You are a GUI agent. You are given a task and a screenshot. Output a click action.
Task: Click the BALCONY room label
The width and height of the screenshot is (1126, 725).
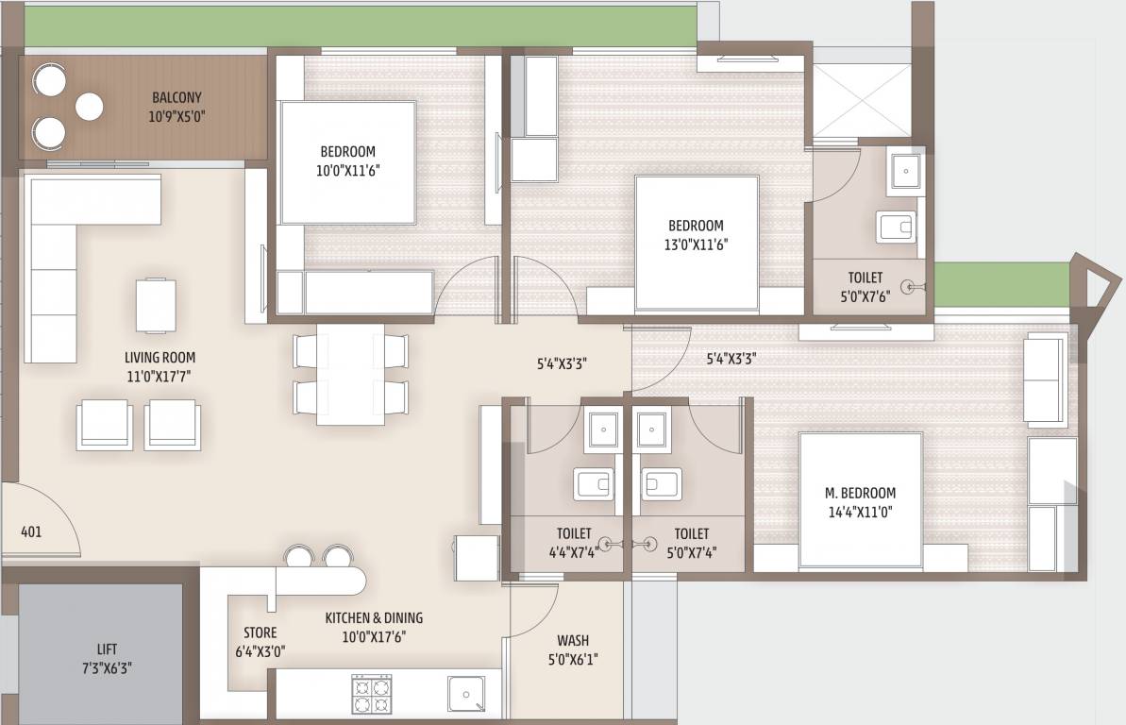click(176, 98)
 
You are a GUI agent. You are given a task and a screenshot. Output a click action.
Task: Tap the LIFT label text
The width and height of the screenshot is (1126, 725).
click(107, 649)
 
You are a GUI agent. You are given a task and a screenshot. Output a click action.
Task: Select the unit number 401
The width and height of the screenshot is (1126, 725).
click(31, 531)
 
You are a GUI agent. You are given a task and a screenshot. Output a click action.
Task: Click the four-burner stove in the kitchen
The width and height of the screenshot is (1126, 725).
click(371, 694)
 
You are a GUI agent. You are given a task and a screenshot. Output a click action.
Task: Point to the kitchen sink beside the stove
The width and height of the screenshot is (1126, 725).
click(466, 695)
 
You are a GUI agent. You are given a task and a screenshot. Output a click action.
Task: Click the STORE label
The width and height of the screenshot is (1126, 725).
click(260, 632)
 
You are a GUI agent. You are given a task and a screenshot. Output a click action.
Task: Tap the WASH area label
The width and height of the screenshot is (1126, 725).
click(573, 640)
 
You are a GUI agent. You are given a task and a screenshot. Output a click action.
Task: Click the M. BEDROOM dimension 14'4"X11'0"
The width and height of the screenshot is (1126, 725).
click(860, 513)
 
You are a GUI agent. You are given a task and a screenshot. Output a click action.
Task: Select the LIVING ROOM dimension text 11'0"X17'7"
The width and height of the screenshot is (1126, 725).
click(160, 376)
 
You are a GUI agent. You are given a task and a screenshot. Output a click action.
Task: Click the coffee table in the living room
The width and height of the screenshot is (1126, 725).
click(156, 305)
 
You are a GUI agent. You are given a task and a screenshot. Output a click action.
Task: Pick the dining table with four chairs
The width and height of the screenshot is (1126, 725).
click(350, 375)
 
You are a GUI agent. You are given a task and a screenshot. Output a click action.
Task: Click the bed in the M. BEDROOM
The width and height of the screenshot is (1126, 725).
click(861, 500)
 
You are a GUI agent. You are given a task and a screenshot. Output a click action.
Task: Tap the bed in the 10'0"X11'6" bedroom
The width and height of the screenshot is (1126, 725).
click(348, 162)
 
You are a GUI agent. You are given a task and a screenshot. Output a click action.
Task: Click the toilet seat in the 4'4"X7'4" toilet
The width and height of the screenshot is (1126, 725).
click(594, 484)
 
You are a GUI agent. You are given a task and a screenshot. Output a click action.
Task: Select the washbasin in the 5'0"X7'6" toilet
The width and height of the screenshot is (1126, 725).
click(905, 172)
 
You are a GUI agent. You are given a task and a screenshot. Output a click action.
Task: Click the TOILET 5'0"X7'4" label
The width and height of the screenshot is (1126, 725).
click(692, 543)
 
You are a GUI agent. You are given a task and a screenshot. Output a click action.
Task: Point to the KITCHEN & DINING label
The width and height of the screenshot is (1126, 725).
click(374, 618)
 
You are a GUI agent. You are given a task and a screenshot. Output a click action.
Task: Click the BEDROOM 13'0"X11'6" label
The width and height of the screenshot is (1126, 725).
click(696, 235)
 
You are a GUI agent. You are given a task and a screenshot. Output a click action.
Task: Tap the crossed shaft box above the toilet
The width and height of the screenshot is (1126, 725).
click(862, 101)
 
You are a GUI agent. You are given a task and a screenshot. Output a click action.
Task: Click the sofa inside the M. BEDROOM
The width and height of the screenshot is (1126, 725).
click(1046, 380)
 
